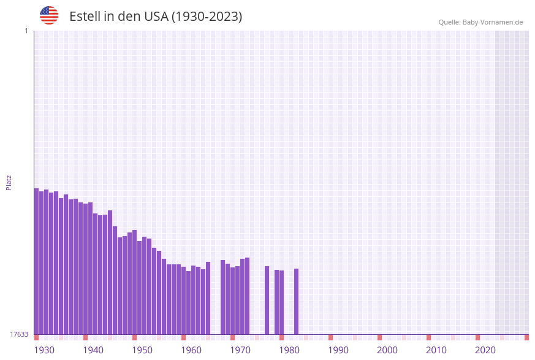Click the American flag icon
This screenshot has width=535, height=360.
49,15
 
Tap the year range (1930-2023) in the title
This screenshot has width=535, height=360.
207,17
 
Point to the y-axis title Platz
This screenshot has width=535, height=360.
9,182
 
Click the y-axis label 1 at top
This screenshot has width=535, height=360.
26,31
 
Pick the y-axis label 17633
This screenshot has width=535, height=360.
20,334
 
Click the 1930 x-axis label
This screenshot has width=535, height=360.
44,350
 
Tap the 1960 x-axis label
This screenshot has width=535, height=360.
191,350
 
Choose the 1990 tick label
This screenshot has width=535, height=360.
338,350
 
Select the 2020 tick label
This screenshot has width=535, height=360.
485,350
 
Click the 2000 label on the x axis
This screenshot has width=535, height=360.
387,350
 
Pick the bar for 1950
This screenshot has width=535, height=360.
134,282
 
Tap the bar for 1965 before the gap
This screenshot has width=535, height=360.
208,298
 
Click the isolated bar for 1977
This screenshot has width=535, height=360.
267,300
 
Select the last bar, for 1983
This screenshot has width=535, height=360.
296,301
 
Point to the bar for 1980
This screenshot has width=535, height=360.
281,302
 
